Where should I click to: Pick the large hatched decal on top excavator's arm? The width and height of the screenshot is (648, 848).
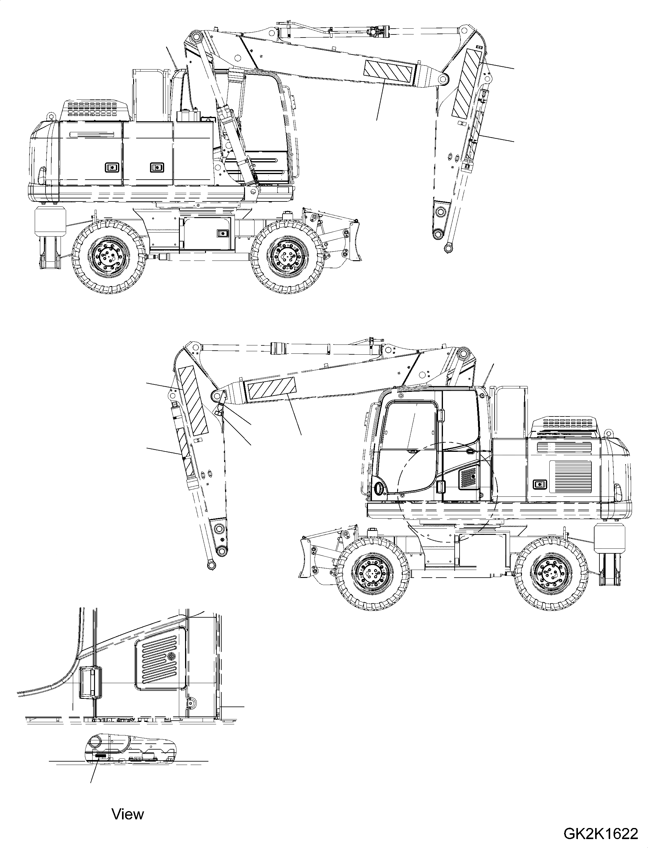[467, 84]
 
